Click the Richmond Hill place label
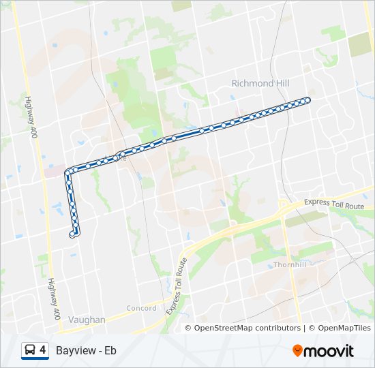(x=260, y=83)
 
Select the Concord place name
(x=142, y=308)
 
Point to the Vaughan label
(x=87, y=319)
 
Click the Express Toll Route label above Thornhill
(x=335, y=204)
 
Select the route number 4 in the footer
(x=43, y=350)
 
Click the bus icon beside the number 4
(x=29, y=350)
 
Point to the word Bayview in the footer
(x=74, y=351)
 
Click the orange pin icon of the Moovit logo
(x=298, y=350)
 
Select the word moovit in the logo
(x=329, y=351)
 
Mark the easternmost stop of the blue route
(x=307, y=100)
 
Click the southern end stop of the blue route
(x=72, y=235)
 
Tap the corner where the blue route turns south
(x=68, y=171)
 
